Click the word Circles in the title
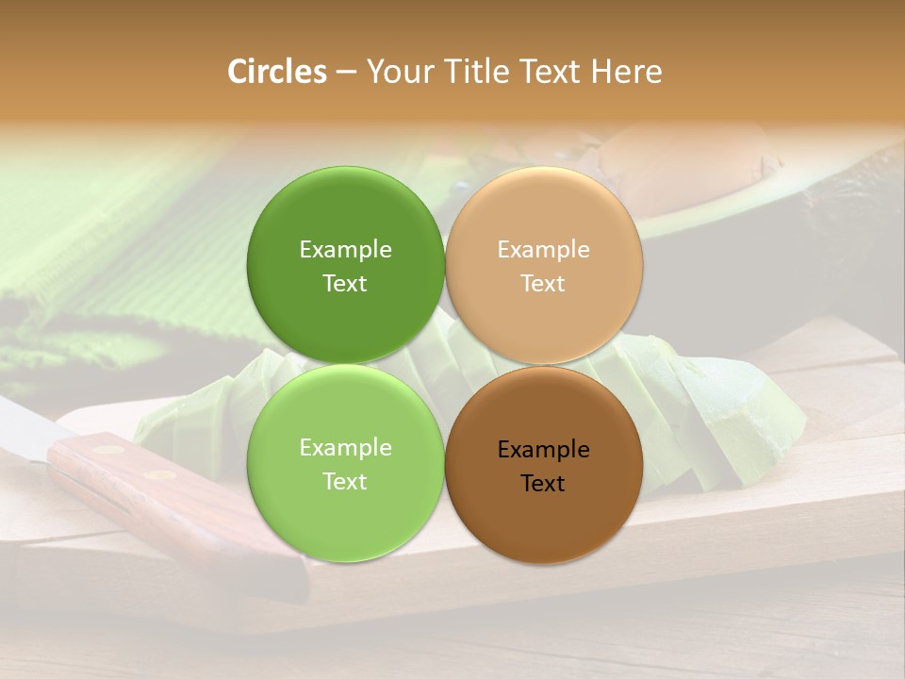point(277,72)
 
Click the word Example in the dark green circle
point(345,250)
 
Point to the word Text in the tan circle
point(543,284)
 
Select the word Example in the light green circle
point(345,448)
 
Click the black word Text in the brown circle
point(543,484)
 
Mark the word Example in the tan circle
point(543,250)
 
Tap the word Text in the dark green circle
point(345,284)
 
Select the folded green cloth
point(123,236)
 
